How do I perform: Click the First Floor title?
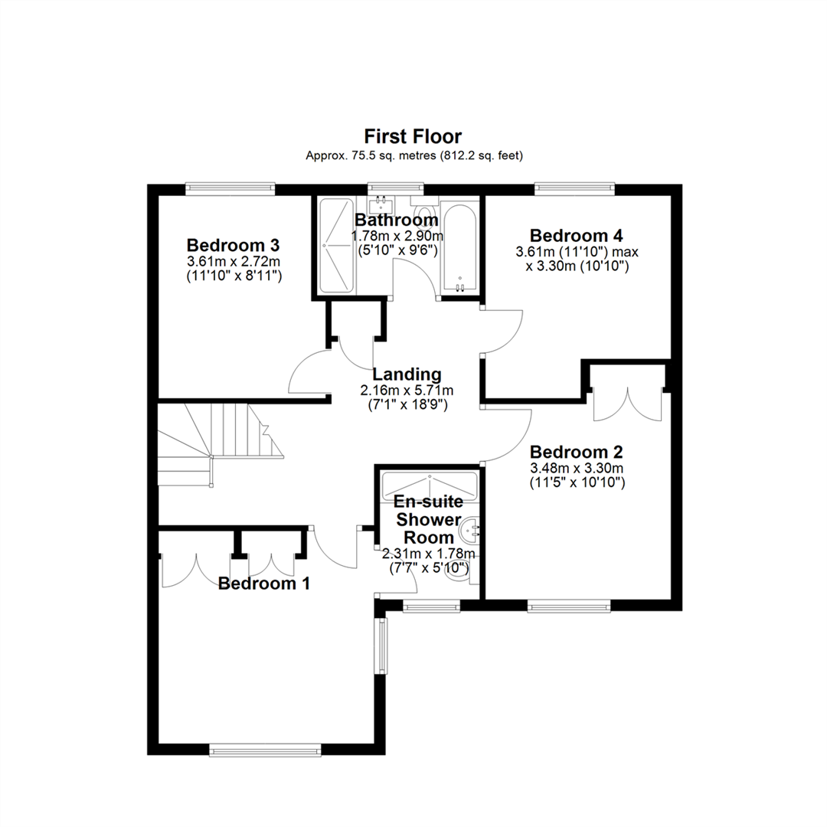413,136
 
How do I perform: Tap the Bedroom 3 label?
233,245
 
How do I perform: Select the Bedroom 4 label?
576,235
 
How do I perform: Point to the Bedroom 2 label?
576,452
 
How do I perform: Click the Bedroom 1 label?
263,583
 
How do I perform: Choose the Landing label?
407,374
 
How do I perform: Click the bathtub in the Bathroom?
460,247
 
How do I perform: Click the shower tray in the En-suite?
430,483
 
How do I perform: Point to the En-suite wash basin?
469,530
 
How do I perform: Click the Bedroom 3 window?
230,188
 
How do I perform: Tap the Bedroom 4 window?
574,188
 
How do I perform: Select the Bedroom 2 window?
569,606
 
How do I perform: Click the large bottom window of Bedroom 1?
265,750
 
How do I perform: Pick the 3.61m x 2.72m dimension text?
233,261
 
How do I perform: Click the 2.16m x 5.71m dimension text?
407,391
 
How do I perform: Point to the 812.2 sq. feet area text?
482,155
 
